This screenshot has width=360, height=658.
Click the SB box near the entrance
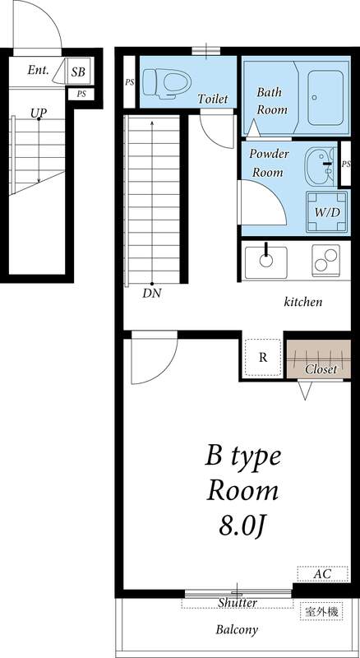pos(79,72)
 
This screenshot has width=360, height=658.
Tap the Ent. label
pos(39,71)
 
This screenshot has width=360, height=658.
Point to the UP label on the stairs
pos(38,113)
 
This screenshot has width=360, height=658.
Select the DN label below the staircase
pos(151,293)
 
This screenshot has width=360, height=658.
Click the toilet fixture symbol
pos(164,81)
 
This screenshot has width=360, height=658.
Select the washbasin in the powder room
pos(316,162)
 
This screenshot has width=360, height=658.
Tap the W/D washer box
pos(326,211)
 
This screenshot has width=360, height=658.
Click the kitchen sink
pos(265,259)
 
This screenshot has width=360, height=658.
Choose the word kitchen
pos(303,303)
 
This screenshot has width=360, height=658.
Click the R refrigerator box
pos(263,357)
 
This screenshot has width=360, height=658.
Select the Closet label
pos(321,369)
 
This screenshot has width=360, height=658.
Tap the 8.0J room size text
pos(242,524)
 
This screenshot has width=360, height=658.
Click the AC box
pos(321,573)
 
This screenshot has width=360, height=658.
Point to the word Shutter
pos(238,603)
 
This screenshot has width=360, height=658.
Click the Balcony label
pos(238,630)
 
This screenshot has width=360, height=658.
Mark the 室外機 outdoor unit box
pos(323,612)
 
